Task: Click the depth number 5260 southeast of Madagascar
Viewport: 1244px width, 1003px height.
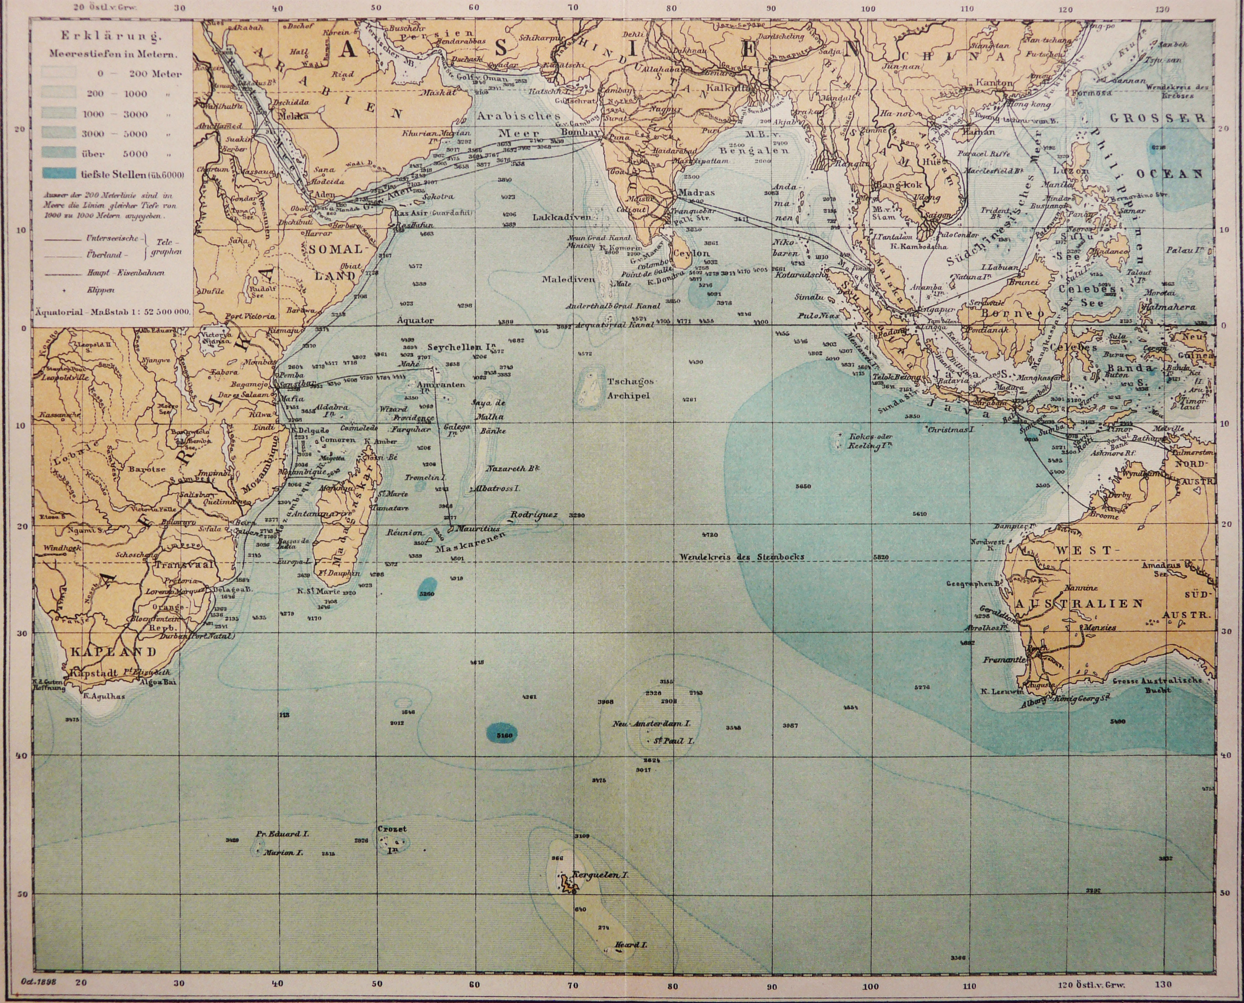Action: click(x=427, y=593)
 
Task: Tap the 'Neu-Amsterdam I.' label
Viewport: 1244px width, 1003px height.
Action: click(x=652, y=723)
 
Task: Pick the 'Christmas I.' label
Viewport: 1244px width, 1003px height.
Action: click(x=952, y=430)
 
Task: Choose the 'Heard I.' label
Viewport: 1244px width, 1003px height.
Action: click(x=631, y=945)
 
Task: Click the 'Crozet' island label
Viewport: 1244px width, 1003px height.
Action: click(x=392, y=828)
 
